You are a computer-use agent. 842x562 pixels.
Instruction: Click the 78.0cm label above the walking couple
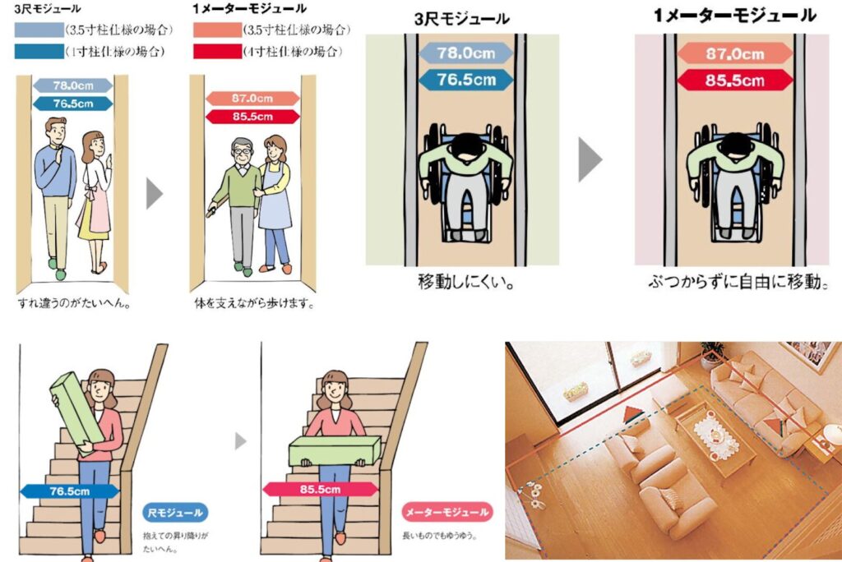click(73, 85)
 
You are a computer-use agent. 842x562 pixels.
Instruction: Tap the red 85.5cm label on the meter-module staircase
click(320, 489)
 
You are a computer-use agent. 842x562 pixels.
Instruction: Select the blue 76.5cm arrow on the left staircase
click(70, 491)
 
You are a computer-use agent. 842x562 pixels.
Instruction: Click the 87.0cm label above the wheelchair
click(734, 53)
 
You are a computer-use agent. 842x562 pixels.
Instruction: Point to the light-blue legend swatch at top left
click(39, 30)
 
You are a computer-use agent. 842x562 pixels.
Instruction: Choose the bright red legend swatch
click(217, 52)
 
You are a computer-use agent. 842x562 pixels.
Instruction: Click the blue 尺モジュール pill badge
click(175, 513)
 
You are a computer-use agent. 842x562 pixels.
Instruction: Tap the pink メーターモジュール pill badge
click(446, 512)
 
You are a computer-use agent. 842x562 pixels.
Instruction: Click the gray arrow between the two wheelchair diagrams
click(590, 159)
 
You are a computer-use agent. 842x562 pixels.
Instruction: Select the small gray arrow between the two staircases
click(241, 441)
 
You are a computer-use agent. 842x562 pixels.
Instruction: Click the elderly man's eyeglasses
click(243, 152)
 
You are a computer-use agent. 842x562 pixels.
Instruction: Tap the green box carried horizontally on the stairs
click(335, 451)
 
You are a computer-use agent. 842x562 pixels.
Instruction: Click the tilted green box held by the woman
click(77, 412)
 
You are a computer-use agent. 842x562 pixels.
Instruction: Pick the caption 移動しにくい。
click(465, 282)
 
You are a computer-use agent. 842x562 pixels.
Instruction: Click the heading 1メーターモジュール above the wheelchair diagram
click(734, 16)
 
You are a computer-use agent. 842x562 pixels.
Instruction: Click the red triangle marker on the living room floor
click(633, 414)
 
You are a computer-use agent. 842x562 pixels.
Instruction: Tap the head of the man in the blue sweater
click(56, 131)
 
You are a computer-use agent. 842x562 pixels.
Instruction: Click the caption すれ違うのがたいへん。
click(74, 303)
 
